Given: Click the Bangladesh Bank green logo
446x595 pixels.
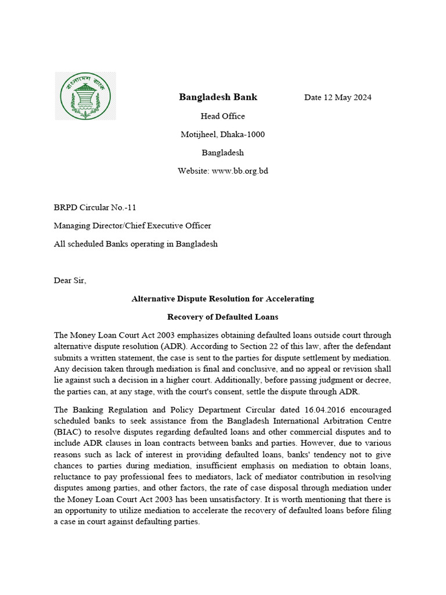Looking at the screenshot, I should [x=85, y=96].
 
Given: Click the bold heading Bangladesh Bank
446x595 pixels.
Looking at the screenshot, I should [x=218, y=97].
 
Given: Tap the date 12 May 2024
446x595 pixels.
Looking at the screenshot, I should [x=338, y=98].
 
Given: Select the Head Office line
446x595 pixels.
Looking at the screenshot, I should [x=223, y=116].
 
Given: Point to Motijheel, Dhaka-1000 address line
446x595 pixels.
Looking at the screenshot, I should [x=223, y=135].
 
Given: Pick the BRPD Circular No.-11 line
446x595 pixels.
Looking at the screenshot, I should [x=95, y=207].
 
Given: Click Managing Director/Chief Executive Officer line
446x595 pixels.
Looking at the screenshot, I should [x=132, y=225].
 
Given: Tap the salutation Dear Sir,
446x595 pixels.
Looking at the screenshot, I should [x=70, y=280].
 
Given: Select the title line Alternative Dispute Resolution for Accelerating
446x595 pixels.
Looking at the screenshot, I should [x=223, y=299].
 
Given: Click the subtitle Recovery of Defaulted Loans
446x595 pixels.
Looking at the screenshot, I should [x=223, y=317].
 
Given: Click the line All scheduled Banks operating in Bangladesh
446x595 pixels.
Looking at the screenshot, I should [x=135, y=244].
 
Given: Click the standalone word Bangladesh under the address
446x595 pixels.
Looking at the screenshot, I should [x=223, y=153].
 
